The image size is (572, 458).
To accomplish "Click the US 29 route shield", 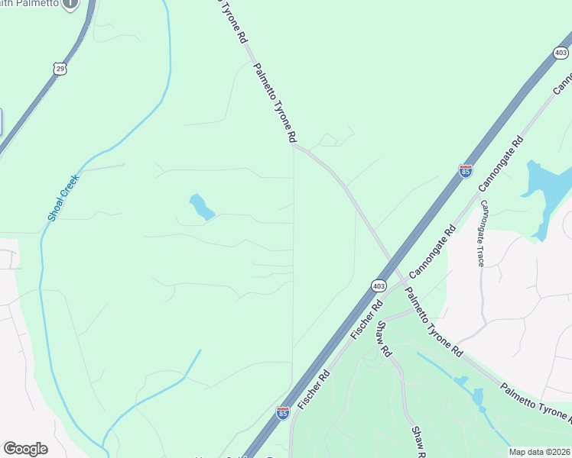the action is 60,69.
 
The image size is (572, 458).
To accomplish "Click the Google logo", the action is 25,449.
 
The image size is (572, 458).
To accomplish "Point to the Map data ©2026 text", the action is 539,452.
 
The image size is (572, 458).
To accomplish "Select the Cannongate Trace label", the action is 481,234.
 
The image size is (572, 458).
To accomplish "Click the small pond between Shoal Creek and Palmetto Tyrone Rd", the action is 201,207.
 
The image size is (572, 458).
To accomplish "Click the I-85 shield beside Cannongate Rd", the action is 466,170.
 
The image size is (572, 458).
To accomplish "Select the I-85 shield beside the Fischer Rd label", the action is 284,413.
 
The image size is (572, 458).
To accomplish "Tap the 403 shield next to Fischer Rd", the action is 379,285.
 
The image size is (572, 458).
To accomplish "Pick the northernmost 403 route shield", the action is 561,53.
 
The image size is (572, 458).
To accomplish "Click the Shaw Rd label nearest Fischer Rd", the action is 383,339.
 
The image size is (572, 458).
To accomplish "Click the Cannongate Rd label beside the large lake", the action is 501,164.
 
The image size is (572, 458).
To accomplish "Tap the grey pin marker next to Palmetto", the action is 70,4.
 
